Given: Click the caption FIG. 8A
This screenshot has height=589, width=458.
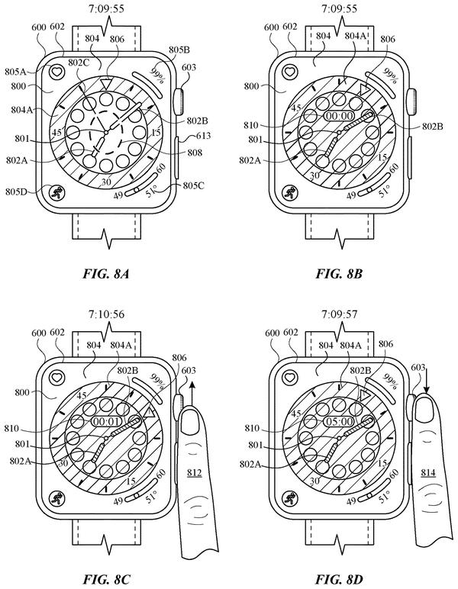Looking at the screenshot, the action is click(x=106, y=273).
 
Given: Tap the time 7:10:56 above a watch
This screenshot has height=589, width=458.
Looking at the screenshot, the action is click(x=106, y=314).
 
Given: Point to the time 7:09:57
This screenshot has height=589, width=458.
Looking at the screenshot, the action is click(x=339, y=314).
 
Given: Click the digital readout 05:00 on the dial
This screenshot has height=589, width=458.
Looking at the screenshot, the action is click(x=339, y=421).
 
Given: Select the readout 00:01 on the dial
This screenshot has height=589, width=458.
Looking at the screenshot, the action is click(x=106, y=421).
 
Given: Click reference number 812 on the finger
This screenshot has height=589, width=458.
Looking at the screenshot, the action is click(x=194, y=472).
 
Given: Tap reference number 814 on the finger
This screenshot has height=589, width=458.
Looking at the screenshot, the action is click(x=428, y=472).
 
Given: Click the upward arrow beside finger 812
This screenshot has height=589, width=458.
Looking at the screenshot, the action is click(x=192, y=394).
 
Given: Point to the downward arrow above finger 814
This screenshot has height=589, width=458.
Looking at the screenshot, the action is click(x=427, y=380).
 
